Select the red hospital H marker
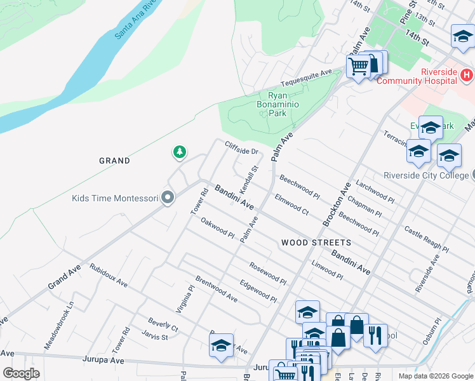[x=466, y=76]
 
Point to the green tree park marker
[x=180, y=152]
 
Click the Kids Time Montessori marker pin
[x=168, y=198]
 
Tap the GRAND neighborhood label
[x=114, y=161]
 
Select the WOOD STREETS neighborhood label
[x=316, y=243]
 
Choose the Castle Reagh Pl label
[x=426, y=240]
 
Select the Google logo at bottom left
[x=21, y=373]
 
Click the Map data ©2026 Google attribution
[x=435, y=376]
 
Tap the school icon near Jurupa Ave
[x=221, y=345]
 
